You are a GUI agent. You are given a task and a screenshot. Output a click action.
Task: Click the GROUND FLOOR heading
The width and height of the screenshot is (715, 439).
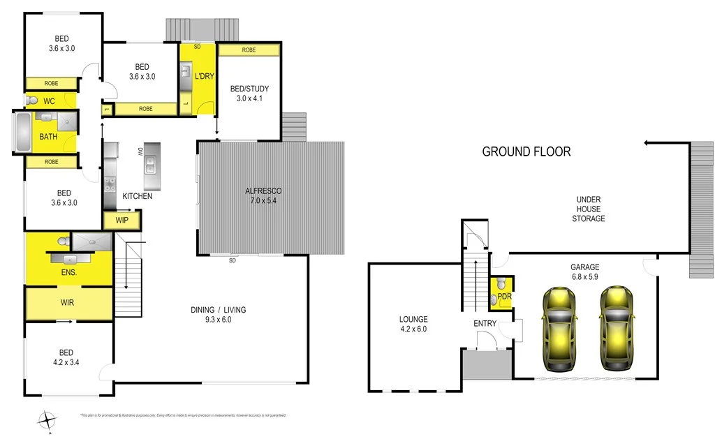(x=526, y=151)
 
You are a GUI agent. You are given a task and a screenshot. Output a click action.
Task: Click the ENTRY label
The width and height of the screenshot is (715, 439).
(x=485, y=323)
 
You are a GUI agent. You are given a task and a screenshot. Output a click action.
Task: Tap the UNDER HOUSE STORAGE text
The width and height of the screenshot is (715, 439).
(x=588, y=209)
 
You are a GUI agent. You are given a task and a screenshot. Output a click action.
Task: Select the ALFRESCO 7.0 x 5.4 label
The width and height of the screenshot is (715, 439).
(x=263, y=195)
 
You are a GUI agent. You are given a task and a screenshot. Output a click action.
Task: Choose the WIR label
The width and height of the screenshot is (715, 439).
(x=68, y=304)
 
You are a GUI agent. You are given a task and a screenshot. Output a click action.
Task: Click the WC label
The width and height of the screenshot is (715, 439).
(x=49, y=101)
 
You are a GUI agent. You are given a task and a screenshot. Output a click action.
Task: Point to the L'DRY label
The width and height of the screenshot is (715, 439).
(x=204, y=75)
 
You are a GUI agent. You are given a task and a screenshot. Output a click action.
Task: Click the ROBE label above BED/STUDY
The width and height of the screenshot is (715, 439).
(x=249, y=50)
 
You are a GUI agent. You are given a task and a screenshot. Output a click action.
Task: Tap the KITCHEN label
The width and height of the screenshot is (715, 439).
(x=138, y=196)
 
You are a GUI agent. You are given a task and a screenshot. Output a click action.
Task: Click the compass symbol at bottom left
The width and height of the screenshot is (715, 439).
(x=47, y=421)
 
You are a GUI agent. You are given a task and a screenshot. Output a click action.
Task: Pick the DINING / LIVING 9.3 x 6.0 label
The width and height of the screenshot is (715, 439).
(x=219, y=315)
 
